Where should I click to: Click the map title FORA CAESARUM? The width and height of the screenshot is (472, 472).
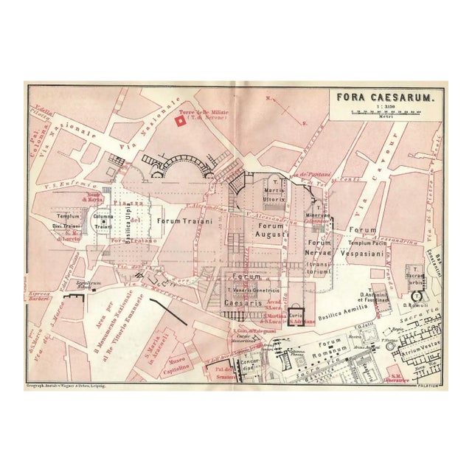(378, 97)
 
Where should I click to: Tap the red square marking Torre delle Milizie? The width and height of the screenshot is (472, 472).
(180, 120)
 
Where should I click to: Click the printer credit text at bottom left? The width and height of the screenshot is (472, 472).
(69, 385)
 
